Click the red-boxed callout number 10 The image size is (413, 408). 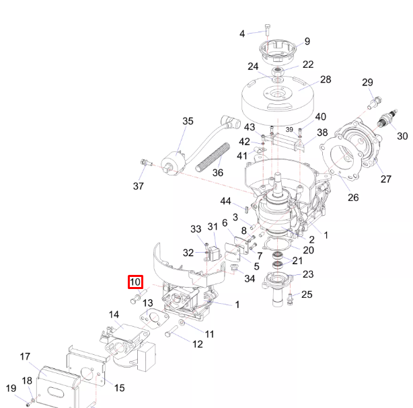(135, 282)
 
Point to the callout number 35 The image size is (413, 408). (188, 121)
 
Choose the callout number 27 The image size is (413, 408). (386, 179)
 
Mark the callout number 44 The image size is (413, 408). (226, 201)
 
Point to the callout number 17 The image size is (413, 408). (25, 356)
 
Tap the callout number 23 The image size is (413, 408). (308, 274)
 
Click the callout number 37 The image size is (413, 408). (138, 186)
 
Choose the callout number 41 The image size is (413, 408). (241, 156)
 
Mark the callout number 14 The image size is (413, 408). (114, 315)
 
